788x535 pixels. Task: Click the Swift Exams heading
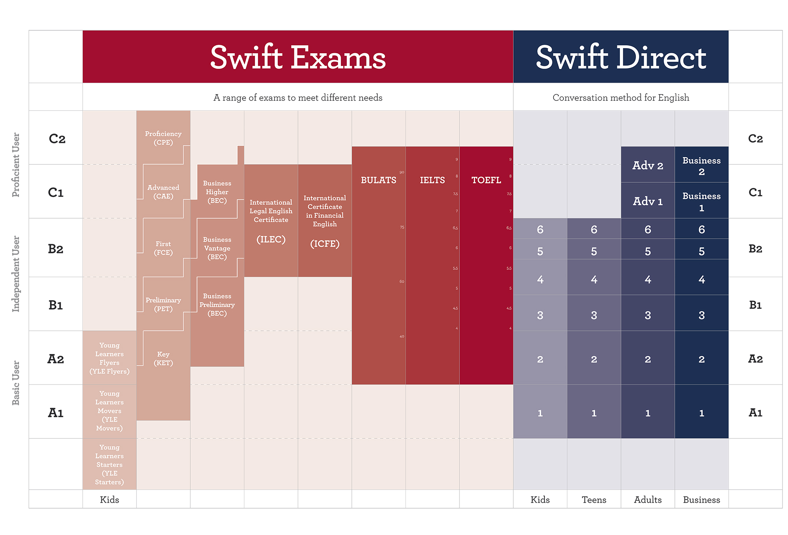click(298, 58)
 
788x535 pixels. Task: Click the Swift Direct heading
click(621, 58)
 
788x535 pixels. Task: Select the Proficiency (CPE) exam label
click(163, 138)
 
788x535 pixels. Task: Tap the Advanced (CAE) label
click(163, 192)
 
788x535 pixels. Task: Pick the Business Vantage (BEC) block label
click(217, 248)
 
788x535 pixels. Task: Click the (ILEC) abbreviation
click(271, 240)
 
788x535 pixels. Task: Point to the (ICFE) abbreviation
click(325, 244)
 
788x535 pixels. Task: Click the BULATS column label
click(379, 180)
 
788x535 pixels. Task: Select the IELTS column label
click(432, 180)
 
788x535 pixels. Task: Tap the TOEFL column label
click(486, 180)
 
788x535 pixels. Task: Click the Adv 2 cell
click(648, 165)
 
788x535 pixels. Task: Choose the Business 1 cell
click(701, 201)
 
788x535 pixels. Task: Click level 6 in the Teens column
click(594, 229)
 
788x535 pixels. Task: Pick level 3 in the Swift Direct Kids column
click(540, 315)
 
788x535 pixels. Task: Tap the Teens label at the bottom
click(594, 500)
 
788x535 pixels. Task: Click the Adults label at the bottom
click(648, 500)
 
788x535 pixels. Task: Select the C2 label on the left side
click(57, 139)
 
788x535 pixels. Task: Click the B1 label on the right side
click(755, 305)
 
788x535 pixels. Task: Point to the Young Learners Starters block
click(110, 464)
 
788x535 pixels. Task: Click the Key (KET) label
click(163, 359)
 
